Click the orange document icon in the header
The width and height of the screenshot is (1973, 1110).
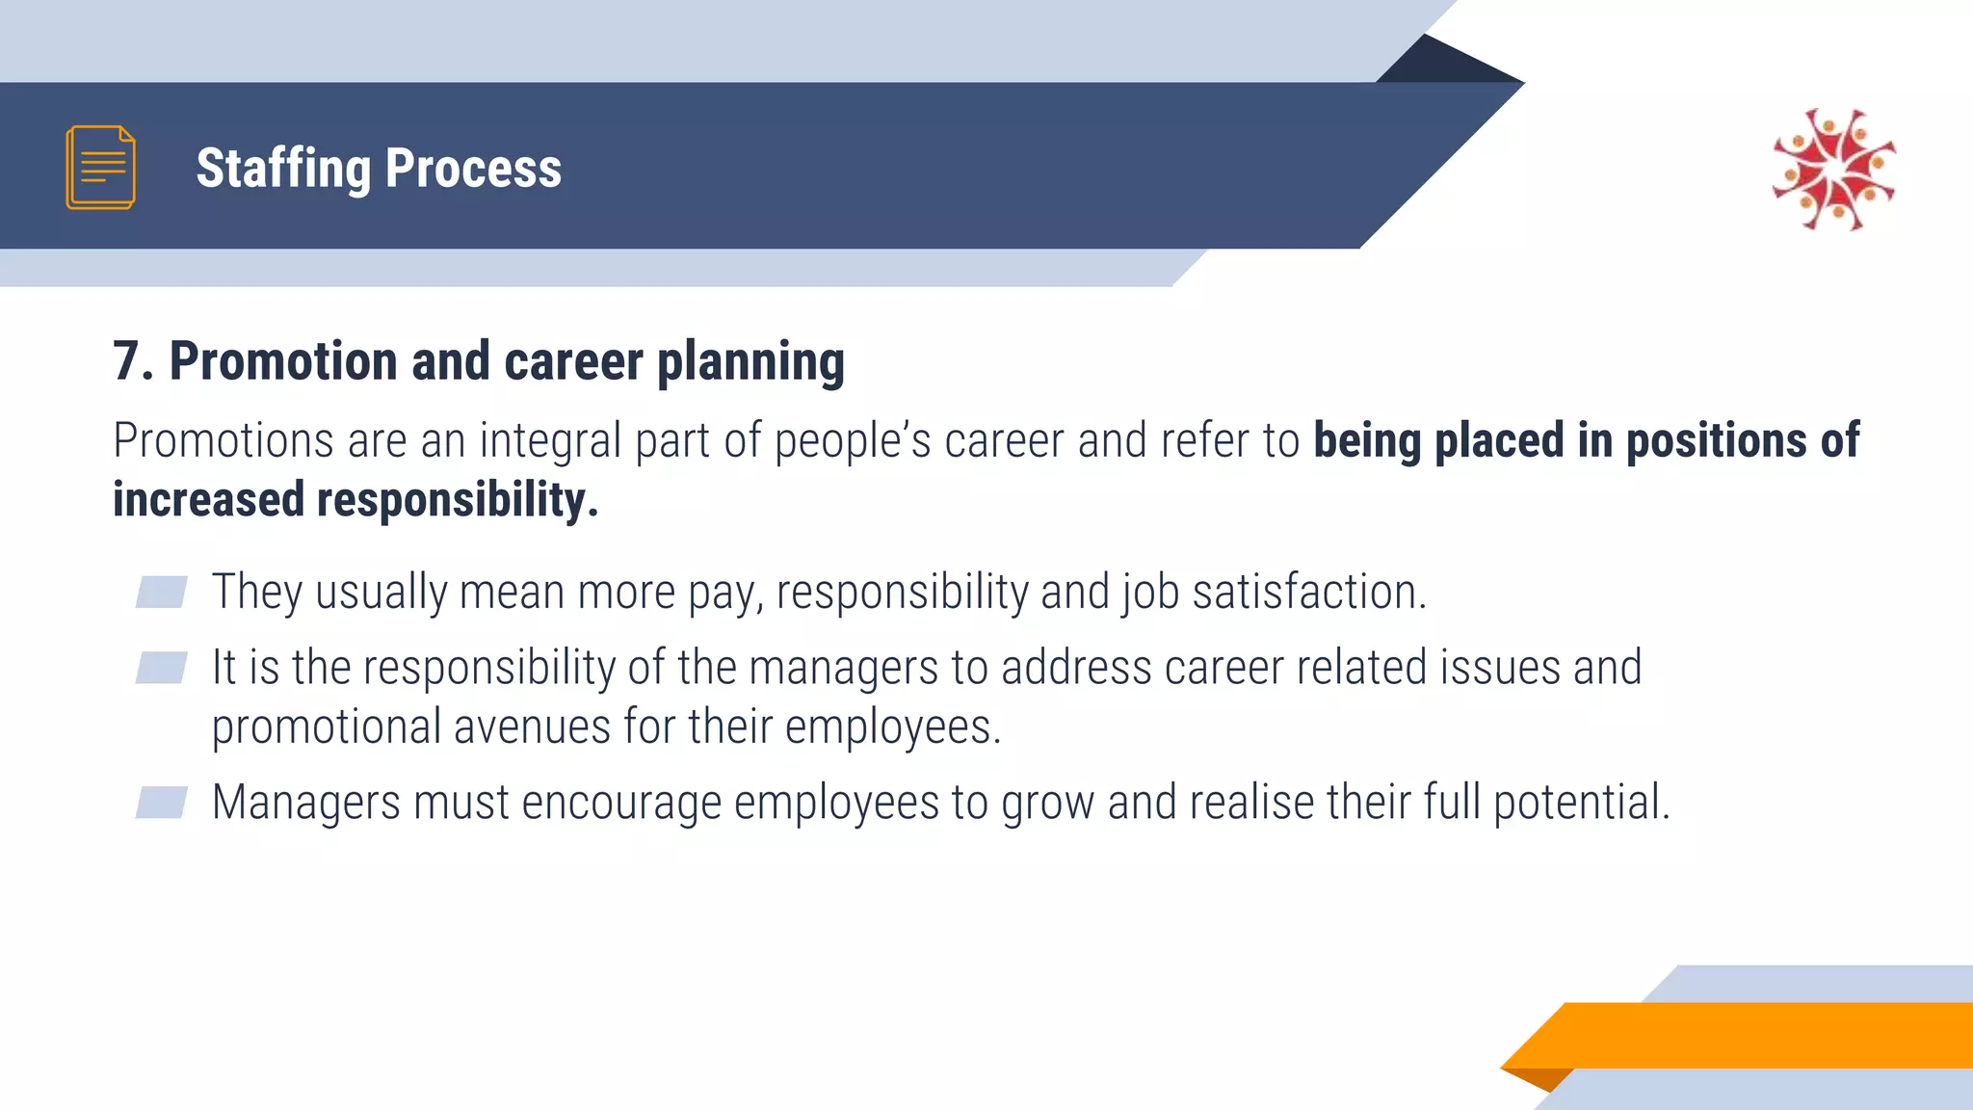point(100,167)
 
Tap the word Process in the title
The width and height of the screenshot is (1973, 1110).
point(473,169)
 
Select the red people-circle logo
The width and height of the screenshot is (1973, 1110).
point(1834,170)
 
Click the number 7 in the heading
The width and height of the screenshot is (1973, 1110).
point(126,361)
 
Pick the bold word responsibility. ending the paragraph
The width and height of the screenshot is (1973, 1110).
point(452,500)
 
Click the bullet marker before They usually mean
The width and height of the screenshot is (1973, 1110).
point(161,592)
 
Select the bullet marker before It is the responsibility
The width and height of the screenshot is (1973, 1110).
point(161,667)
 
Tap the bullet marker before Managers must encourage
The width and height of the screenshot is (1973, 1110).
point(161,802)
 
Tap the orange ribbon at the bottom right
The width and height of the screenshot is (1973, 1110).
point(1753,1035)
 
